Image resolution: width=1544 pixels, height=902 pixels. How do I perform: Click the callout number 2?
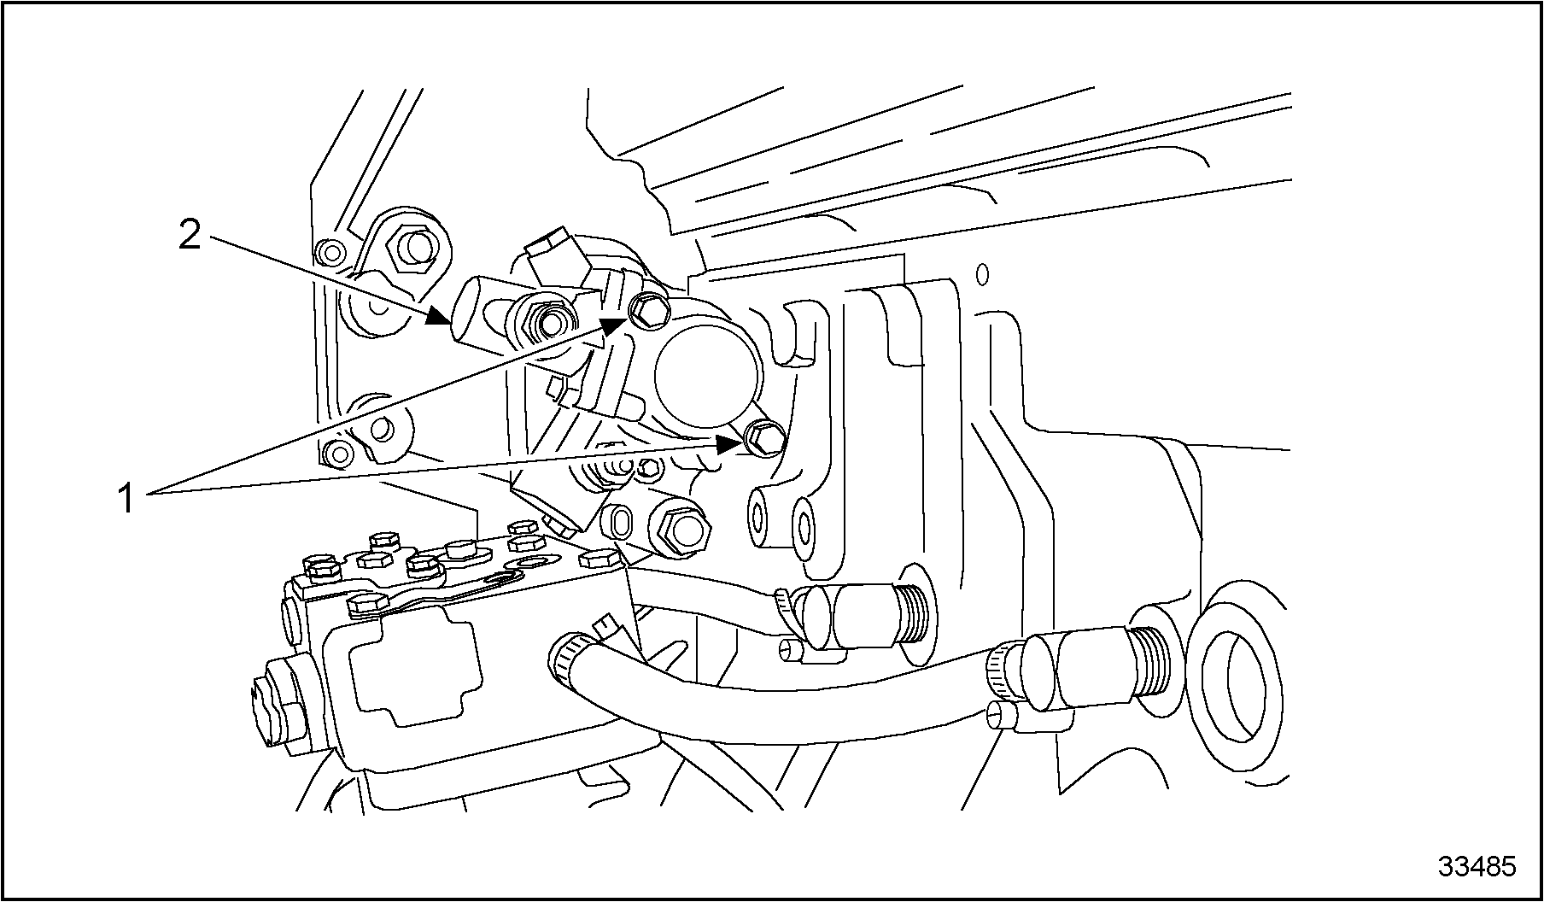click(x=190, y=234)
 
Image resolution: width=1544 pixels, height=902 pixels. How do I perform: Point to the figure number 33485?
click(x=1477, y=866)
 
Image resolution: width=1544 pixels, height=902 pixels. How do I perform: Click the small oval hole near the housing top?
click(x=983, y=275)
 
